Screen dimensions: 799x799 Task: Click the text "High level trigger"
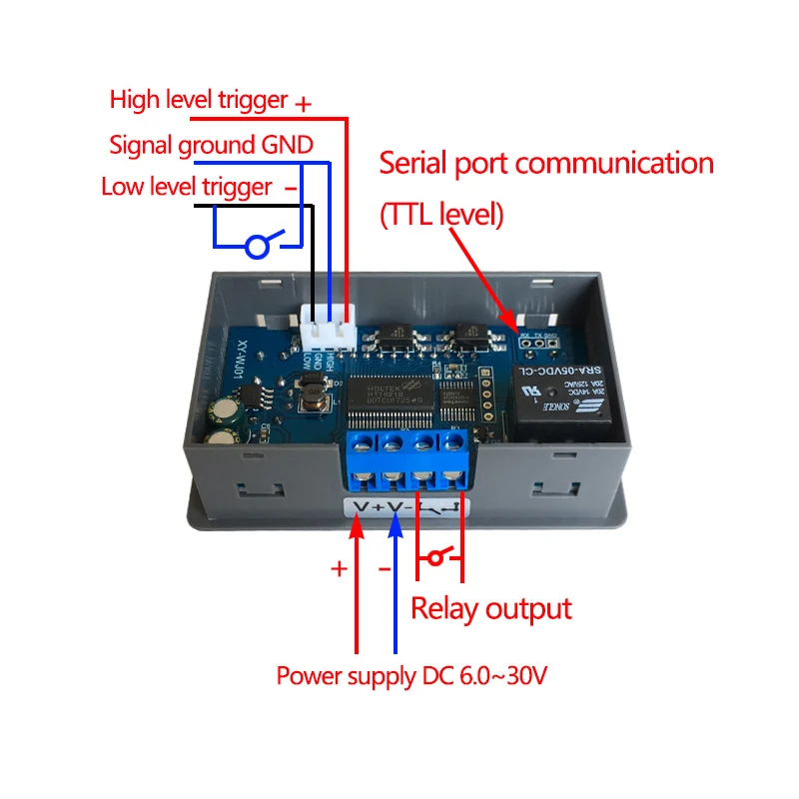[x=198, y=100]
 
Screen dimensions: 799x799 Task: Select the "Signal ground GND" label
[x=211, y=145]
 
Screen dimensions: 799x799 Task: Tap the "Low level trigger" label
[x=186, y=187]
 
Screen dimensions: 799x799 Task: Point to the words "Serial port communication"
[x=546, y=163]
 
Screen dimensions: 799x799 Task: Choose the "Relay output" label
[x=491, y=608]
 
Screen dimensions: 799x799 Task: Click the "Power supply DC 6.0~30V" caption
[x=411, y=676]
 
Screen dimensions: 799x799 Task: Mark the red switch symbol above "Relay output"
[x=439, y=557]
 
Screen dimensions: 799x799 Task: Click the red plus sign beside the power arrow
[x=340, y=568]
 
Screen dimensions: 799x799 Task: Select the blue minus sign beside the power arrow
[x=384, y=568]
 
